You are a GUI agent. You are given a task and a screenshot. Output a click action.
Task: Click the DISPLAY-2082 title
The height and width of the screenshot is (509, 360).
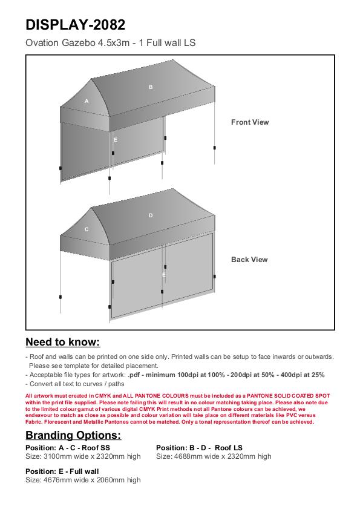75,25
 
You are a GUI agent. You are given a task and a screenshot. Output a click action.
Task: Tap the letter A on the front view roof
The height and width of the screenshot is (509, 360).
87,101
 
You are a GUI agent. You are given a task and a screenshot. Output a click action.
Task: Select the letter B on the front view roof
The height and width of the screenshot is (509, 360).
151,87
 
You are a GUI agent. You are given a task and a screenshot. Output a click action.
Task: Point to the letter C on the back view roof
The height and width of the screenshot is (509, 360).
87,229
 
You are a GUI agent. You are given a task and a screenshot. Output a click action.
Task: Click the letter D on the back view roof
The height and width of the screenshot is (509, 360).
151,215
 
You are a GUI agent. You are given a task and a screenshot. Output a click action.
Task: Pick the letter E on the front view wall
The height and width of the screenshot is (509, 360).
115,140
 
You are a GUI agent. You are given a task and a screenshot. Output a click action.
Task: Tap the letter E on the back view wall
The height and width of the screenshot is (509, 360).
164,275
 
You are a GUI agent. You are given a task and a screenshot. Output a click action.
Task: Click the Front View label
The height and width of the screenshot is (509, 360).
250,122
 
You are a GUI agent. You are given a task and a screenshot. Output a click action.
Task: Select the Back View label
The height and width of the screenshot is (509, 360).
249,260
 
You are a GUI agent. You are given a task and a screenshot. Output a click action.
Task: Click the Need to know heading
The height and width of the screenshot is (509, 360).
63,342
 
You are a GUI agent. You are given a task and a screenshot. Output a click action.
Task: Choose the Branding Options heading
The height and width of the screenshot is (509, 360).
73,435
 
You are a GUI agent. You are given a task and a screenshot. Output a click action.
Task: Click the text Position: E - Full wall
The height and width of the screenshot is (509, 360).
62,471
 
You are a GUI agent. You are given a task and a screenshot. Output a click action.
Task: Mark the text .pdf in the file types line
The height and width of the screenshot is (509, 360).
134,375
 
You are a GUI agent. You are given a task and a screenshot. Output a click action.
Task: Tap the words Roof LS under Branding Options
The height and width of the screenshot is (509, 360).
229,448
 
